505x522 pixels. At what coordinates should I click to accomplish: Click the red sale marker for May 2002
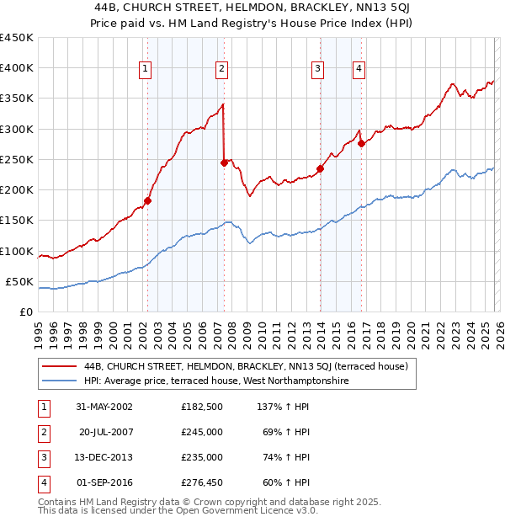147,200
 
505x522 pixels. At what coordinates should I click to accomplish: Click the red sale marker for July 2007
224,162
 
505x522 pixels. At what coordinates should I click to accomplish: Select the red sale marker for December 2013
320,168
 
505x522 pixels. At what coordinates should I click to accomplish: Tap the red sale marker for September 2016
361,143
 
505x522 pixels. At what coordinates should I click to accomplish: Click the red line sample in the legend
59,366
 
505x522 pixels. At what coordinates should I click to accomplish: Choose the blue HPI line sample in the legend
59,381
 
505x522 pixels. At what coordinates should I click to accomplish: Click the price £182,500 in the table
202,406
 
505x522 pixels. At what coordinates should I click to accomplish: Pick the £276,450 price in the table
202,482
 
